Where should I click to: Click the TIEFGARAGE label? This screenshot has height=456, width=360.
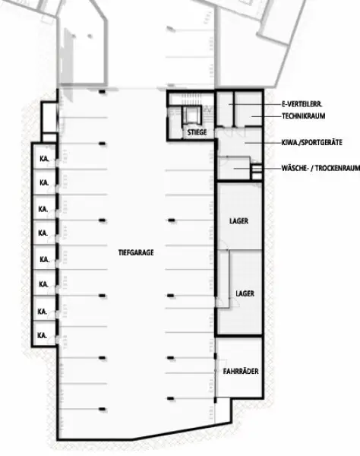(x=137, y=252)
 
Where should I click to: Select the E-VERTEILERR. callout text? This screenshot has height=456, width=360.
(x=304, y=103)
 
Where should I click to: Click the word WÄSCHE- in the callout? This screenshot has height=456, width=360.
(x=293, y=168)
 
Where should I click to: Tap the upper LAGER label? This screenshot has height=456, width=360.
(x=238, y=221)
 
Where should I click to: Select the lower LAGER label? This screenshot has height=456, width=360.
(x=245, y=293)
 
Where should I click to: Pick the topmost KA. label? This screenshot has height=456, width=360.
(x=44, y=158)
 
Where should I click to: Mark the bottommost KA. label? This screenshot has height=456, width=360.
(x=44, y=334)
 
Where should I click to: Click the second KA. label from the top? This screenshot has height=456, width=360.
(x=44, y=183)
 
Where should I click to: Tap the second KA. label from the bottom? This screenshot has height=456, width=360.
(x=44, y=311)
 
